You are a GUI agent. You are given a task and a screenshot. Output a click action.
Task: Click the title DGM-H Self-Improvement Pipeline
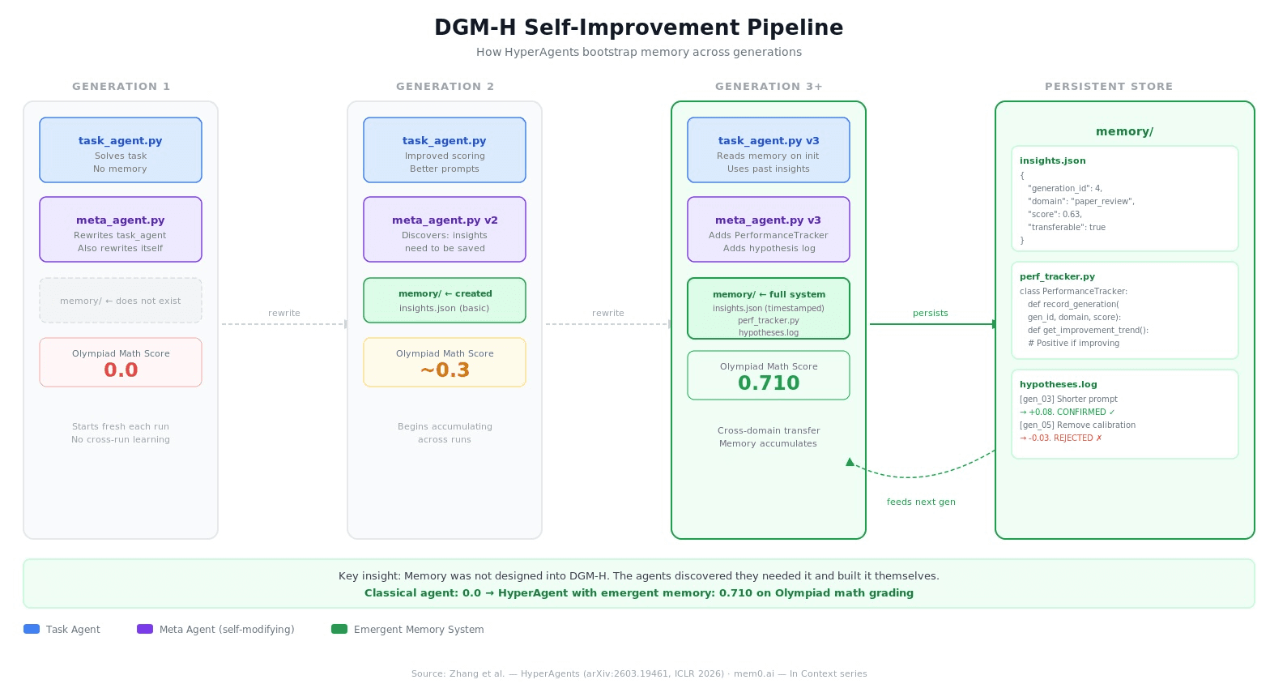(x=638, y=28)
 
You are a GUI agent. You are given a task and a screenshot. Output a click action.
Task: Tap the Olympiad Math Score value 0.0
(x=121, y=370)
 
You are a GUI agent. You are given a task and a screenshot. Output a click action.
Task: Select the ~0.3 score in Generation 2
(x=445, y=370)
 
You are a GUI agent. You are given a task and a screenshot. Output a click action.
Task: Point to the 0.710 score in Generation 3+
(x=769, y=383)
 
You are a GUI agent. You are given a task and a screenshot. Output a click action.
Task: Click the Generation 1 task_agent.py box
(x=121, y=150)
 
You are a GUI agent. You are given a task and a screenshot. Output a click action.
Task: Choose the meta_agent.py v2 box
(x=445, y=229)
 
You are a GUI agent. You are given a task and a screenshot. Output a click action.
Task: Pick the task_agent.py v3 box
(x=769, y=150)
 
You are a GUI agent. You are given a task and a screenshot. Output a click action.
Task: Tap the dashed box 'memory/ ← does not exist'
(x=121, y=301)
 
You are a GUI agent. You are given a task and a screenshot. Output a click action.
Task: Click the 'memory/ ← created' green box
(x=445, y=300)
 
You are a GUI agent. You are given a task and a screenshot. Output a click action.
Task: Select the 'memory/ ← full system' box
(x=769, y=308)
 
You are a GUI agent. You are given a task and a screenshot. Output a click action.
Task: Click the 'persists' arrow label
(x=930, y=314)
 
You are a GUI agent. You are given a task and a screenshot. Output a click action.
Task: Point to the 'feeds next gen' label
(x=921, y=502)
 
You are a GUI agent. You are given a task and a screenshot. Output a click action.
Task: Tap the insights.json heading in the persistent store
(x=1052, y=161)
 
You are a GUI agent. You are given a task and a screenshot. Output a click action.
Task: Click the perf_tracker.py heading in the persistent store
(x=1057, y=277)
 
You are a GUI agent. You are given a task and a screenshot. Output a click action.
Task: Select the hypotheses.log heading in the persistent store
(x=1058, y=385)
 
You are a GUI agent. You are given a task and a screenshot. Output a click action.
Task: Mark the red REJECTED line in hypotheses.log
(x=1060, y=438)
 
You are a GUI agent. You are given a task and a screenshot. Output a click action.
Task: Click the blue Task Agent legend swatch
(x=32, y=630)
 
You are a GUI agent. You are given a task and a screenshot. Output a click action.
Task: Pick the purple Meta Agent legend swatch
(x=145, y=630)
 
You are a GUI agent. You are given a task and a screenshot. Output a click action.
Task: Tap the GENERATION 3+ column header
(x=769, y=87)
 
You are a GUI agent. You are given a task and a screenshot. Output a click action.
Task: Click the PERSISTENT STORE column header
(x=1108, y=87)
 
